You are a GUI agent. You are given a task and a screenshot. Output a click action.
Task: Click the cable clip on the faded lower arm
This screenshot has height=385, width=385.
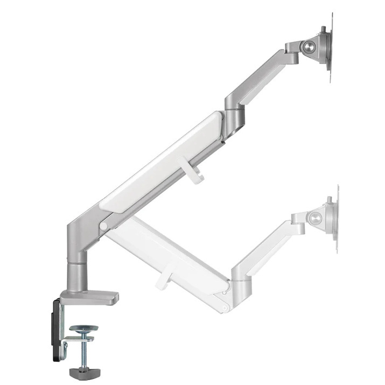(x=164, y=277)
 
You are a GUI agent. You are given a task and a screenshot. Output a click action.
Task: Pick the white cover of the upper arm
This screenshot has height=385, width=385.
(x=162, y=162)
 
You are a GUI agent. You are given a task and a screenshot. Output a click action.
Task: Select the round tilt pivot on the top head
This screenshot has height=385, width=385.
(x=310, y=47)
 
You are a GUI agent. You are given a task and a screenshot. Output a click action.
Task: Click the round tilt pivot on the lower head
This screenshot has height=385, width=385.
(x=315, y=218)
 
